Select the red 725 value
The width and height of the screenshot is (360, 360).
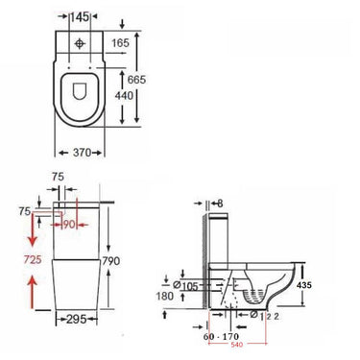coord(33,259)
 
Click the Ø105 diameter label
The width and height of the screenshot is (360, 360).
coord(185,286)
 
